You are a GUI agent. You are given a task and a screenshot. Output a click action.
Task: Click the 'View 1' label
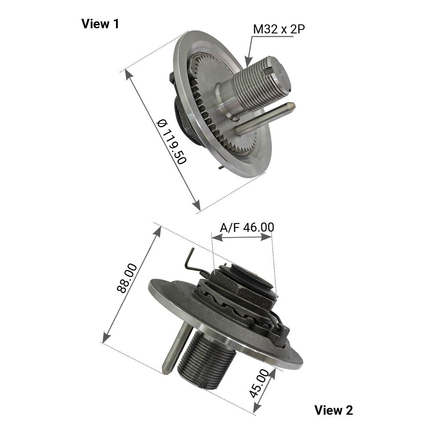point(100,24)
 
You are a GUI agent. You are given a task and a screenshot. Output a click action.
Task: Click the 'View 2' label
point(333,410)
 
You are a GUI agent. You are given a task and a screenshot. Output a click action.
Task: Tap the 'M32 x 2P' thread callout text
point(279,29)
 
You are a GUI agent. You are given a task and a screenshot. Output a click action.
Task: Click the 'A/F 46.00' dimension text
point(247,227)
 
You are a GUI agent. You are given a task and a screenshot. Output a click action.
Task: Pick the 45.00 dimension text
point(259,383)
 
